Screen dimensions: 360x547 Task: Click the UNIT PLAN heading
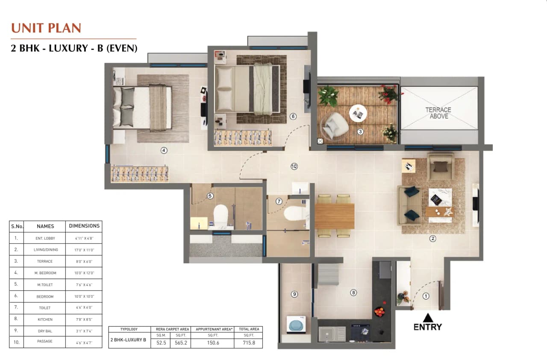coord(46,28)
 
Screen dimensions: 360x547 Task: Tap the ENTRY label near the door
coord(427,327)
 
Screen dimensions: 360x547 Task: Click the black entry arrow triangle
coord(427,318)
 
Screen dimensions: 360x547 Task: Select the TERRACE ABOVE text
coord(438,113)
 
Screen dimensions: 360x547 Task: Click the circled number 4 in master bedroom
coord(164,150)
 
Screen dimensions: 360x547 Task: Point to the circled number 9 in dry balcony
coord(294,294)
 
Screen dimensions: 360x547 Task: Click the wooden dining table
coord(335,216)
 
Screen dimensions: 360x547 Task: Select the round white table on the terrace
coord(358,114)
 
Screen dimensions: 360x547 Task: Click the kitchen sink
coord(332,334)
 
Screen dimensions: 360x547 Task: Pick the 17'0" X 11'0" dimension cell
coord(84,250)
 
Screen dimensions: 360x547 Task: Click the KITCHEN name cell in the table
coord(45,319)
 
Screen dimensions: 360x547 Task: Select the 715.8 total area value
coord(248,342)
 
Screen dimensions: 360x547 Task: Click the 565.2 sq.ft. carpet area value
coord(180,342)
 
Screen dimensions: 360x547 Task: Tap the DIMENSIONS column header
coord(84,226)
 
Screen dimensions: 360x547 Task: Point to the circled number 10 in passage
coord(294,167)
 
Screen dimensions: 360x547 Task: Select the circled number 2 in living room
coord(432,239)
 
